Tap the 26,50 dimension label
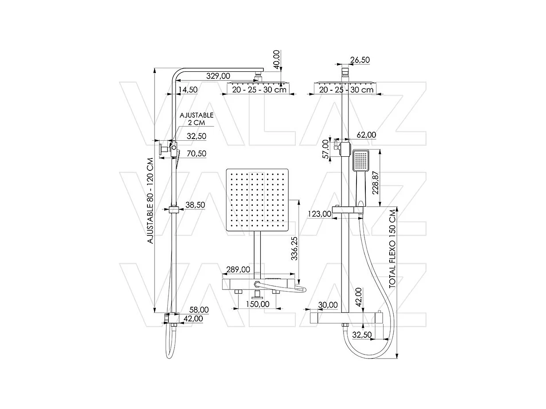[x=360, y=60]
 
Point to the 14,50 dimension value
[x=187, y=90]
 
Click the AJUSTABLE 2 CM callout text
[x=196, y=119]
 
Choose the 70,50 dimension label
[x=196, y=153]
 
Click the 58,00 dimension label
[x=198, y=309]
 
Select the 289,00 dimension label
[x=238, y=269]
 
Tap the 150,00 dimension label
[x=258, y=304]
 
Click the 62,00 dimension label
[x=365, y=135]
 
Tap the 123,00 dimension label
[x=319, y=214]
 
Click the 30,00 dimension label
[x=328, y=305]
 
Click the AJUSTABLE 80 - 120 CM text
[x=150, y=201]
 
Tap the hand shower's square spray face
[x=361, y=161]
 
